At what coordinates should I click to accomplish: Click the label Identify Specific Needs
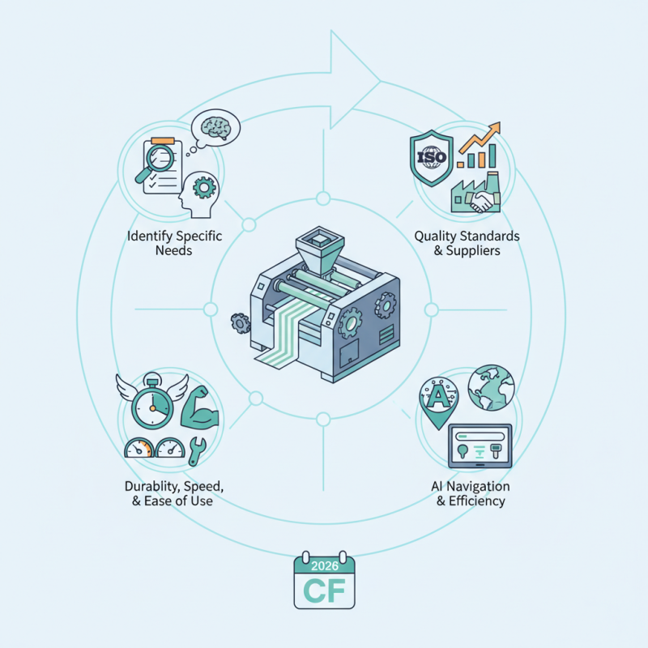click(175, 244)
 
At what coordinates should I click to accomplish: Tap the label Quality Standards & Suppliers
click(467, 243)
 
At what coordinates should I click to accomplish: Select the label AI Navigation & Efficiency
click(471, 493)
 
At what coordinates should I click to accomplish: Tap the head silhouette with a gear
click(199, 191)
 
